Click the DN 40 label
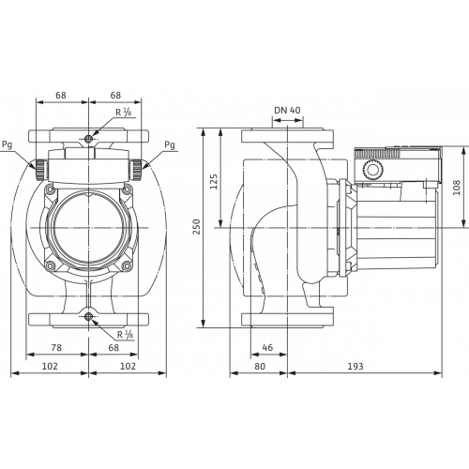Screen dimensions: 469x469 tap(286, 111)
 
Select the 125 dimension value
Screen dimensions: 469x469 tap(239, 178)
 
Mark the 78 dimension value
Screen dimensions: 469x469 tap(57, 347)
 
